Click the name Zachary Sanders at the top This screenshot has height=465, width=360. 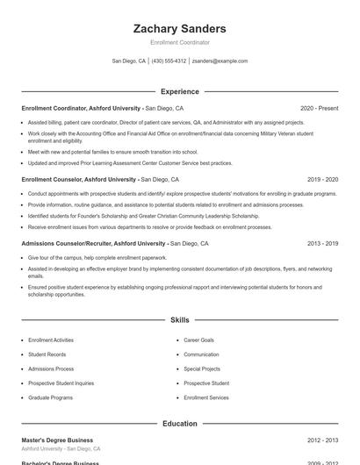pos(179,29)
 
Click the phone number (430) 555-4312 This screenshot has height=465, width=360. pos(169,61)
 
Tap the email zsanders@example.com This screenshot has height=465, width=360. pos(220,61)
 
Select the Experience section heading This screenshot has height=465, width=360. pos(179,91)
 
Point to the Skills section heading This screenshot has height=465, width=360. pos(179,320)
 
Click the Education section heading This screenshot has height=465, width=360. pos(179,424)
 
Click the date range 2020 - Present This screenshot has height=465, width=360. pos(319,108)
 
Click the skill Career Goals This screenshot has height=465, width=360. pos(198,340)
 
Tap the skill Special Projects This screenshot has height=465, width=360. pos(202,369)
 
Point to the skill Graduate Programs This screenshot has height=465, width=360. pos(50,397)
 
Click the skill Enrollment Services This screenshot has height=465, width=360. pos(205,397)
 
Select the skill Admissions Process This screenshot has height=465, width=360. pos(51,369)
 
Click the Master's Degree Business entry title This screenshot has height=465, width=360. pos(57,440)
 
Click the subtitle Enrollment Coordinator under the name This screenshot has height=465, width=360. pos(179,42)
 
